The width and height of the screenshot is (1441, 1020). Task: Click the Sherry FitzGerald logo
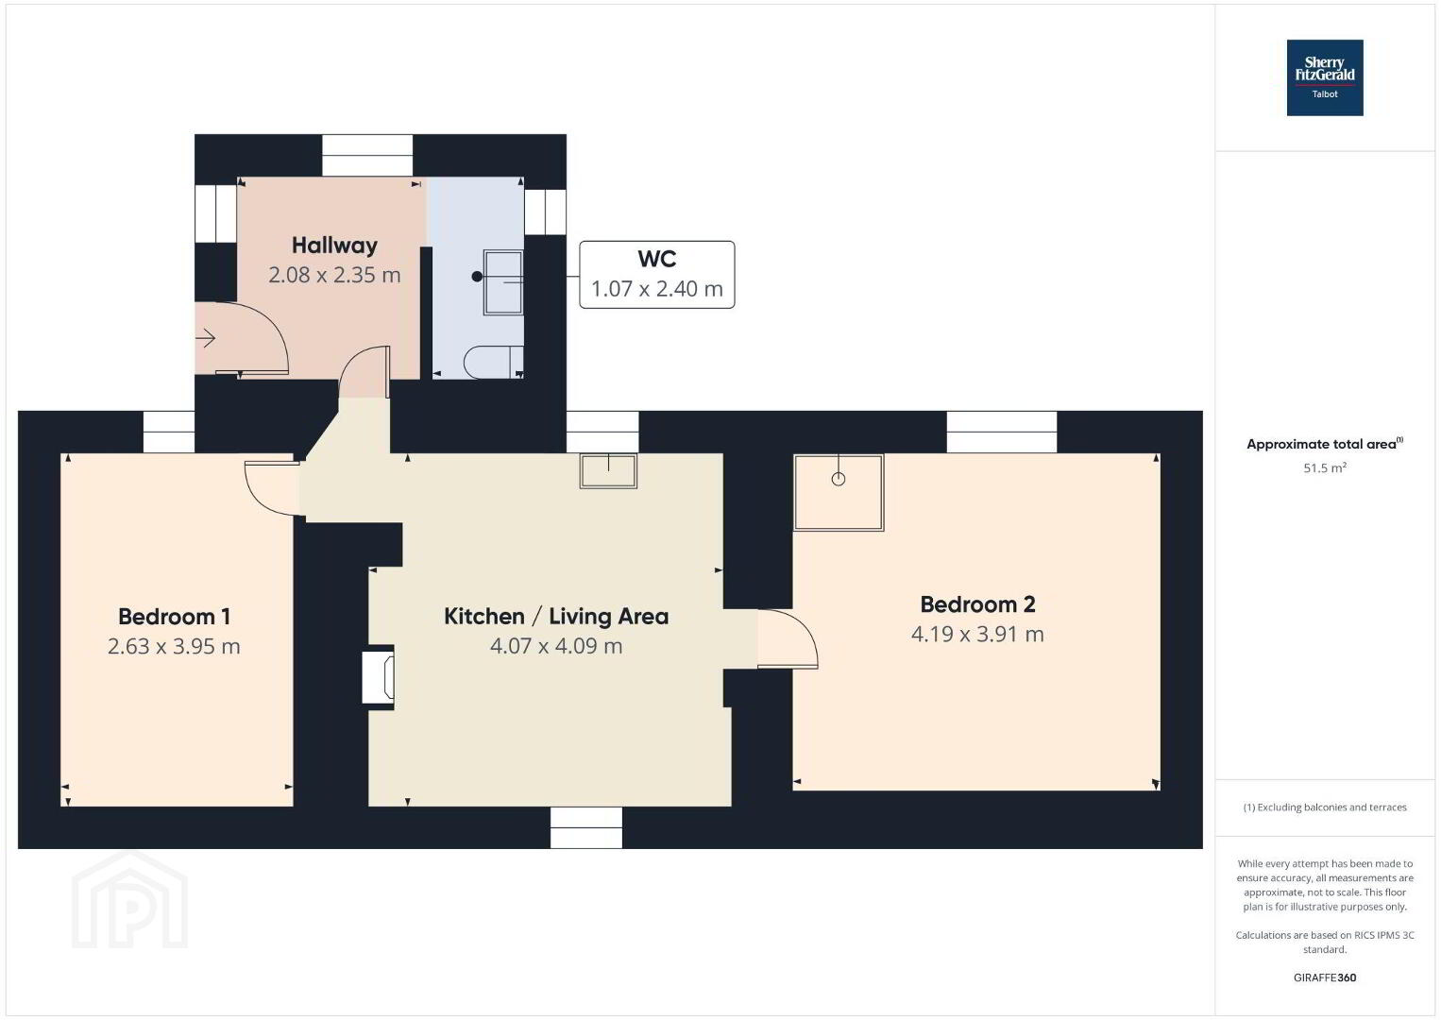(1325, 77)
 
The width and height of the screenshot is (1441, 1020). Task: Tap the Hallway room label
(334, 246)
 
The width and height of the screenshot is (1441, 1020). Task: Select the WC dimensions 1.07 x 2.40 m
(657, 289)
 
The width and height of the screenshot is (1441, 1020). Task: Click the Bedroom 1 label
(175, 617)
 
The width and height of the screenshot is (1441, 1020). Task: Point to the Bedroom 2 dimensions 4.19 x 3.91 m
(977, 635)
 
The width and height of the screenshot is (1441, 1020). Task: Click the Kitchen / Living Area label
(556, 617)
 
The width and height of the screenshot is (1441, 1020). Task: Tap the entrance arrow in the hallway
(205, 338)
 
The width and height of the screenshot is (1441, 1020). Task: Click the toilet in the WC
(493, 363)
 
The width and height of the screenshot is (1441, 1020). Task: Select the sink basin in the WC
(503, 282)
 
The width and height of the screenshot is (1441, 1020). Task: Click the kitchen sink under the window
(608, 471)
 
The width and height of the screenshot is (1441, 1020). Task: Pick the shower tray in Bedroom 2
(839, 493)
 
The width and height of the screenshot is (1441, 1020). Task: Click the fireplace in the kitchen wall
(379, 678)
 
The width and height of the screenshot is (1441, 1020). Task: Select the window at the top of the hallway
(367, 155)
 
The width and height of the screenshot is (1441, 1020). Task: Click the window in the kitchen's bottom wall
(586, 827)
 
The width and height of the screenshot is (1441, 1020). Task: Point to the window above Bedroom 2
(1002, 432)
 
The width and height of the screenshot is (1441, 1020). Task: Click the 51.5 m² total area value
(1325, 467)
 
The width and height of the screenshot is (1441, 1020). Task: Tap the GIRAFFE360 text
(1325, 977)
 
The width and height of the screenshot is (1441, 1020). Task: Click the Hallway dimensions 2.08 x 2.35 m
(334, 276)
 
